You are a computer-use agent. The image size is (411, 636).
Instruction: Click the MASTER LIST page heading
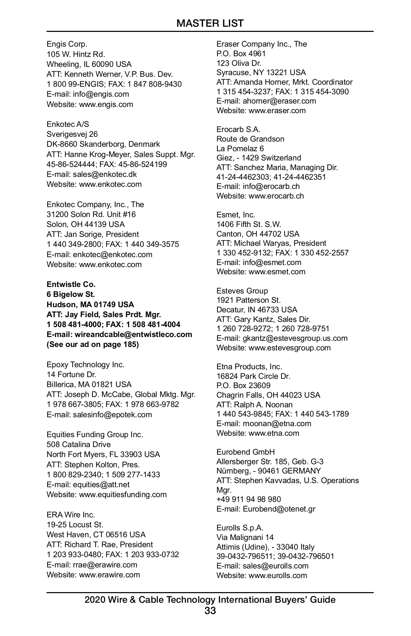click(x=210, y=23)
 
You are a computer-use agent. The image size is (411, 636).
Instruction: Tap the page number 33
click(x=210, y=611)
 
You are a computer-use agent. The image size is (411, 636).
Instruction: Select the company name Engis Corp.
click(x=67, y=44)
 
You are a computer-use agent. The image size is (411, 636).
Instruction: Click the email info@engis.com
click(x=101, y=94)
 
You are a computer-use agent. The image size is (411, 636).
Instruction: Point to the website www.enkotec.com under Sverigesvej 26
click(x=110, y=184)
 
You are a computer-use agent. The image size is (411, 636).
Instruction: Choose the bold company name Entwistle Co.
click(x=71, y=285)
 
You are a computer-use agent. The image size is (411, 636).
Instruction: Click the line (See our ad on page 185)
click(x=93, y=345)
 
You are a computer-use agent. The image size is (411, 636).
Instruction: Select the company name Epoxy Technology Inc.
click(x=86, y=365)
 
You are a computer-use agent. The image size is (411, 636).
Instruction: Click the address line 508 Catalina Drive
click(x=79, y=445)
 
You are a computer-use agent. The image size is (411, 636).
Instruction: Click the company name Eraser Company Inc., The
click(x=262, y=44)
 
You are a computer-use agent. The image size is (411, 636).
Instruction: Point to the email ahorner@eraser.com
click(x=279, y=101)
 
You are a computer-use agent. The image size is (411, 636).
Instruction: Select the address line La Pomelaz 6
click(x=240, y=149)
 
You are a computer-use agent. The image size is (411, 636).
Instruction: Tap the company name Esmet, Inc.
click(x=236, y=215)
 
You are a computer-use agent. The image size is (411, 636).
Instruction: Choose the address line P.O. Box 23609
click(x=243, y=386)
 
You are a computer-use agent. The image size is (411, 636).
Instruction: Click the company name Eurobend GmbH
click(x=246, y=452)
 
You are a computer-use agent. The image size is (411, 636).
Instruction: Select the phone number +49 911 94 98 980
click(x=249, y=500)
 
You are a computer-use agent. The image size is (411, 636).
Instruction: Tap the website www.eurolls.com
click(x=278, y=576)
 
